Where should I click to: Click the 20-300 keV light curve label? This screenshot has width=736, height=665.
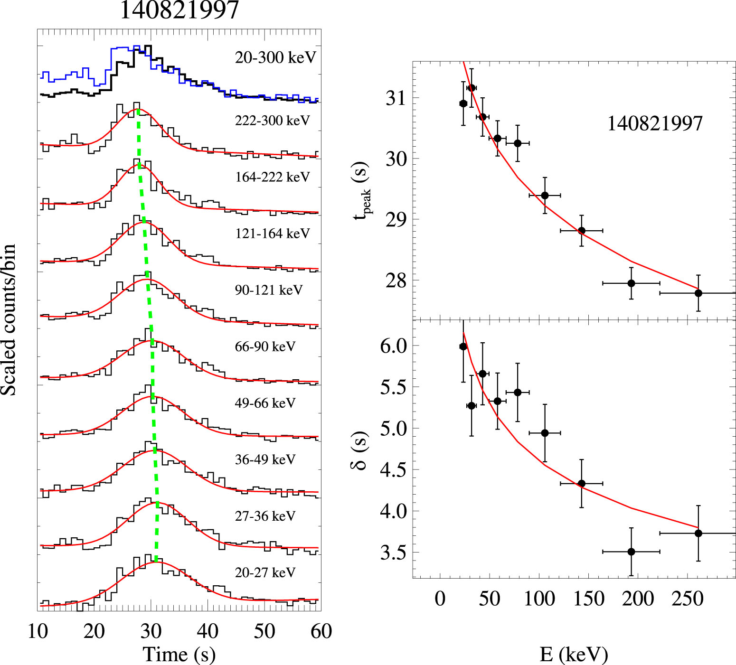point(275,58)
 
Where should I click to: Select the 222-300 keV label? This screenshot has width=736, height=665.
point(272,121)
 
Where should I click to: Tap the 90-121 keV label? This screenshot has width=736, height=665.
point(268,290)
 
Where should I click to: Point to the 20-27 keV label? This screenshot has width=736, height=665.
point(265,572)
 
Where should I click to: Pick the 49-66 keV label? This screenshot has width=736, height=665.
point(265,403)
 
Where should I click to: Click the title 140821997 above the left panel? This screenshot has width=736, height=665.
point(179,10)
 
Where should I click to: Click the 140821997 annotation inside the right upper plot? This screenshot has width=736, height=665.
point(655,124)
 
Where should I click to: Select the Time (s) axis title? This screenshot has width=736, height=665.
point(179,655)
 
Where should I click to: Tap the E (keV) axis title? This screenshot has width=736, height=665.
point(574,655)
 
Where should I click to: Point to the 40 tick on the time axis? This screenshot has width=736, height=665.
point(208,631)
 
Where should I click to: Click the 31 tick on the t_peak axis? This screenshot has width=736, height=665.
point(396,98)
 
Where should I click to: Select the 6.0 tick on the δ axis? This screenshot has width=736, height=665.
point(394,346)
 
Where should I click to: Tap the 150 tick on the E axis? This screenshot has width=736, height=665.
point(589,599)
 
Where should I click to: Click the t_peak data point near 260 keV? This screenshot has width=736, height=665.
point(698,293)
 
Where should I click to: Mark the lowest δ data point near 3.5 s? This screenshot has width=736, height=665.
point(631,552)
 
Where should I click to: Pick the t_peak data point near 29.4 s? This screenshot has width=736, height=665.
point(545,195)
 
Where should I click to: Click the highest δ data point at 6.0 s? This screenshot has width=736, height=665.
point(463,347)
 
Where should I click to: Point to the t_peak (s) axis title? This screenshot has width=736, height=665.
point(362,190)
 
